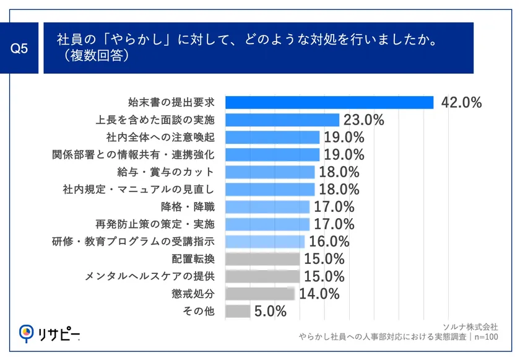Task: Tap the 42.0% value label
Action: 461,103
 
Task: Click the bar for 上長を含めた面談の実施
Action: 282,120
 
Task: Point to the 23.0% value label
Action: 364,120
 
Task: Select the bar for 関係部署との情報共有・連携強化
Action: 272,154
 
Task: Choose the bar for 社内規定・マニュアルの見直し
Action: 270,189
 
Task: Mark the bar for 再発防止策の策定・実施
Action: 267,224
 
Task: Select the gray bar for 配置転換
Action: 262,258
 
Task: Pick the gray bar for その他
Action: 238,310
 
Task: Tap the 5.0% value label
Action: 270,310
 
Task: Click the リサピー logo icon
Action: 27,334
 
